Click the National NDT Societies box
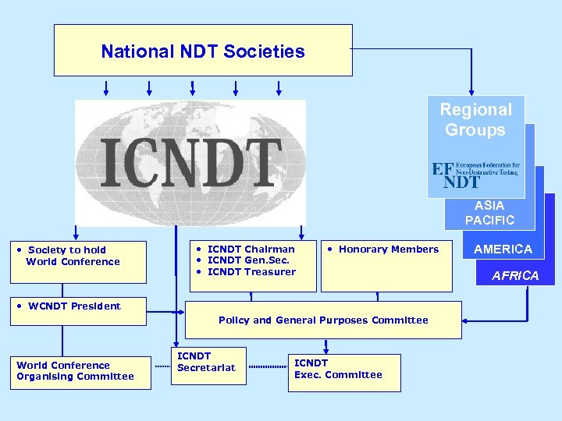[x=203, y=50]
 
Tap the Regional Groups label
[x=475, y=120]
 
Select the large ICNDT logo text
[x=191, y=163]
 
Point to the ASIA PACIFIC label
[x=489, y=213]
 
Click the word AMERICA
[x=503, y=249]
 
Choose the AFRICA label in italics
[x=515, y=275]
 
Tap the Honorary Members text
[x=388, y=249]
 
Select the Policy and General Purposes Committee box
[x=323, y=320]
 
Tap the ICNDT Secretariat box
[x=208, y=363]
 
